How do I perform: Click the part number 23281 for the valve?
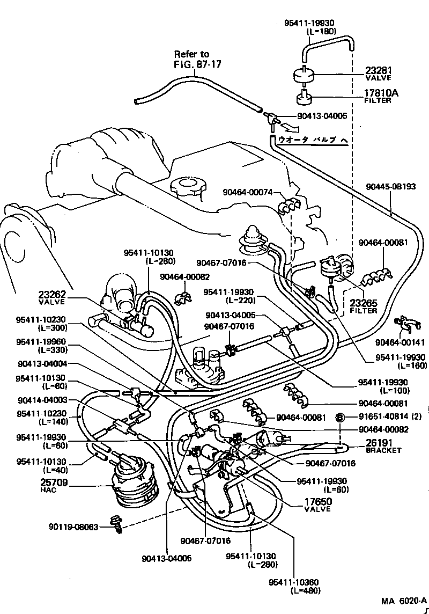coord(379,70)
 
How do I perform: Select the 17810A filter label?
coord(382,93)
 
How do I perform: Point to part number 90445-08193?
coord(391,187)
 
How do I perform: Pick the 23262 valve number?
coord(51,295)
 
